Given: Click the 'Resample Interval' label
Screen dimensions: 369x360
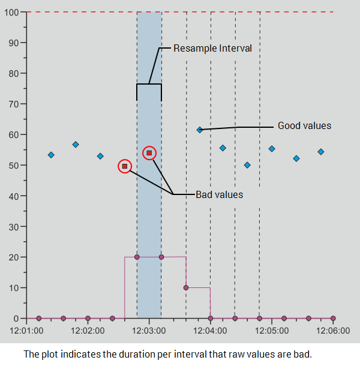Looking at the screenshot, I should [x=212, y=48].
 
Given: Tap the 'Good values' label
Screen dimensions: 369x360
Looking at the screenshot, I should [x=304, y=126].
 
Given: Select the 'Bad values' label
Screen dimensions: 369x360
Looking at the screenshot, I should [x=219, y=194].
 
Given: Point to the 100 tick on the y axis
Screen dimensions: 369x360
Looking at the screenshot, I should [x=14, y=12].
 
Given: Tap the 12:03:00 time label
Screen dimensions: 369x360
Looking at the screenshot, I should [x=149, y=331].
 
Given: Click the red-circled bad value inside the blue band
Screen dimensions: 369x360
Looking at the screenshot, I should [x=149, y=153].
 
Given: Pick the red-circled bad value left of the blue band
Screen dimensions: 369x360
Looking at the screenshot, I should [x=125, y=166].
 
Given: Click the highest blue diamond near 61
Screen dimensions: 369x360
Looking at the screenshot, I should [x=200, y=130].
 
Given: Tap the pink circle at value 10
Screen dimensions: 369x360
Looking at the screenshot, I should [x=186, y=287].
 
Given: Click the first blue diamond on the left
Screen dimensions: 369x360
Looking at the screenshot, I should [x=51, y=155].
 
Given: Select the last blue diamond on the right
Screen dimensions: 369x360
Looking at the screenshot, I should [x=321, y=152].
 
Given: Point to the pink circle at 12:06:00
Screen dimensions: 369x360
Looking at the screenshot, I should [x=333, y=318].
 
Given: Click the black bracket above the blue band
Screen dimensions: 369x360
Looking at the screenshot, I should [x=149, y=84].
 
